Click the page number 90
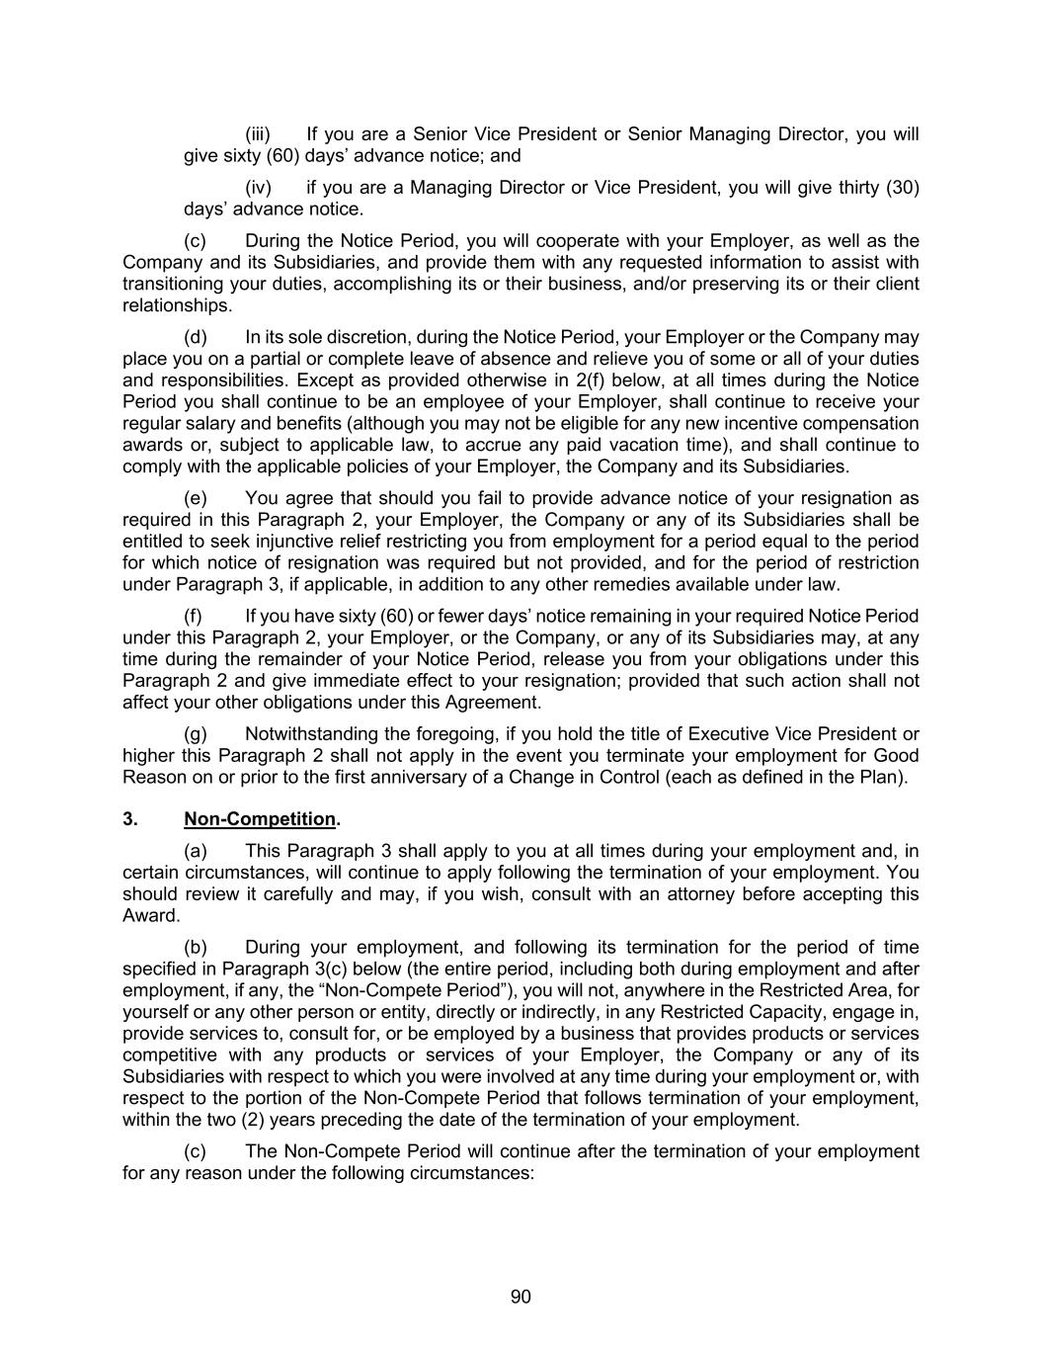tap(521, 1297)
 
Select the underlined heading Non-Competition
tap(260, 819)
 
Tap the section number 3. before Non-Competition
tap(129, 819)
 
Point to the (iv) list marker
tap(258, 188)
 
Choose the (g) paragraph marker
tap(196, 734)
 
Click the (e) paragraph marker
tap(196, 498)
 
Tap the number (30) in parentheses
tap(902, 188)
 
